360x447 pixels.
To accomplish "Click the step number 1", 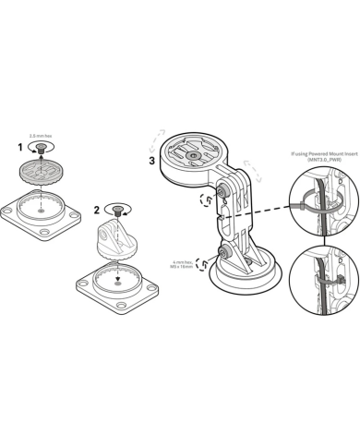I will (19, 147).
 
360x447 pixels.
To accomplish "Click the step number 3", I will (151, 160).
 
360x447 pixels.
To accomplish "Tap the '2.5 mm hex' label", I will (40, 134).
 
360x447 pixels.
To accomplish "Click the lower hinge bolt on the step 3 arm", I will (223, 250).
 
